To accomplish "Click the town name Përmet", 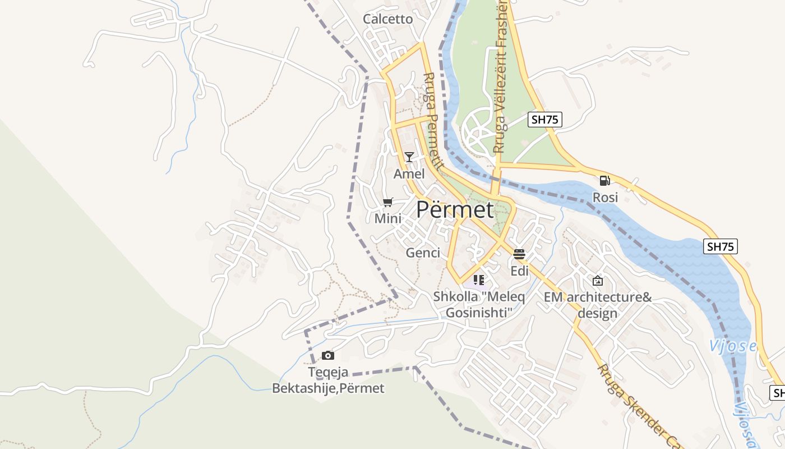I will point(455,210).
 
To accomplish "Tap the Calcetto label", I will point(387,19).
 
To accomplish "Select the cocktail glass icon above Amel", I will point(409,157).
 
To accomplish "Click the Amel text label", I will point(409,174).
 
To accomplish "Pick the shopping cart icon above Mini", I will point(387,202).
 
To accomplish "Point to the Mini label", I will point(388,218).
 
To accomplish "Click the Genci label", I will point(423,253).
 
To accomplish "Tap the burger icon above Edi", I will point(519,254).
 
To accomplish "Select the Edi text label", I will point(519,271).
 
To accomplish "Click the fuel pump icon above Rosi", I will point(604,181).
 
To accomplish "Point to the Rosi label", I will point(605,198).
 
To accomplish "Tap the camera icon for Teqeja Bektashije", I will point(328,355).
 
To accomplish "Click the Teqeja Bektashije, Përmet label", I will point(328,380).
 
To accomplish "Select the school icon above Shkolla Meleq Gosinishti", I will point(478,280).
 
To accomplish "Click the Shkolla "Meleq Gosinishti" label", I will point(479,304).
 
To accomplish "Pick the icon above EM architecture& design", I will point(598,281).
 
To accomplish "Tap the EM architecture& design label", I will point(598,305).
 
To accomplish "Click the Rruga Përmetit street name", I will point(433,122).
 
